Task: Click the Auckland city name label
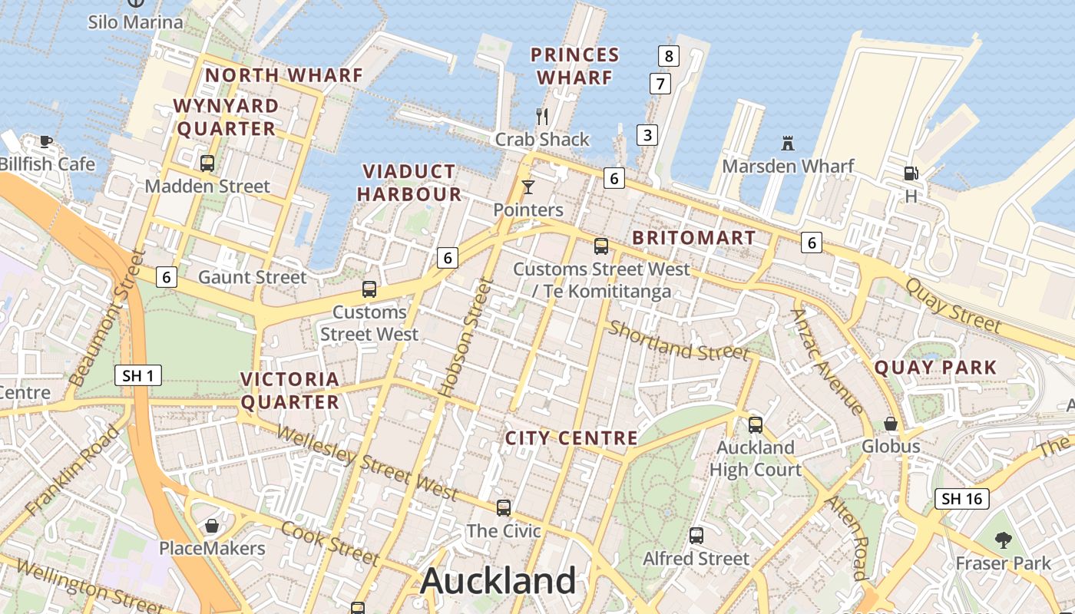[x=498, y=581]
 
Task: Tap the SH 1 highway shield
[x=139, y=375]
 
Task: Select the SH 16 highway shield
[x=962, y=499]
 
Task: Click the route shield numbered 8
[x=669, y=55]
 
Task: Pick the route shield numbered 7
[x=660, y=83]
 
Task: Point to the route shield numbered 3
[x=647, y=136]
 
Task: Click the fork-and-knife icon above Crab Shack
[x=542, y=117]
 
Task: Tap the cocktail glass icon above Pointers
[x=528, y=187]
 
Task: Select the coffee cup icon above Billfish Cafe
[x=46, y=140]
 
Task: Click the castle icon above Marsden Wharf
[x=787, y=143]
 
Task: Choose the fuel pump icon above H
[x=910, y=173]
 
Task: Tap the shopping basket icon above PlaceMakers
[x=211, y=526]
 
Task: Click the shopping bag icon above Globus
[x=891, y=424]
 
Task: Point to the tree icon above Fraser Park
[x=1002, y=540]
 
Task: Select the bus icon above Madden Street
[x=207, y=163]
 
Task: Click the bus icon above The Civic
[x=504, y=507]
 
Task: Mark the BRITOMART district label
[x=693, y=238]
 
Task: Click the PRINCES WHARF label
[x=575, y=66]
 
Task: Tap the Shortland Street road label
[x=678, y=342]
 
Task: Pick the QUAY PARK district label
[x=935, y=368]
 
